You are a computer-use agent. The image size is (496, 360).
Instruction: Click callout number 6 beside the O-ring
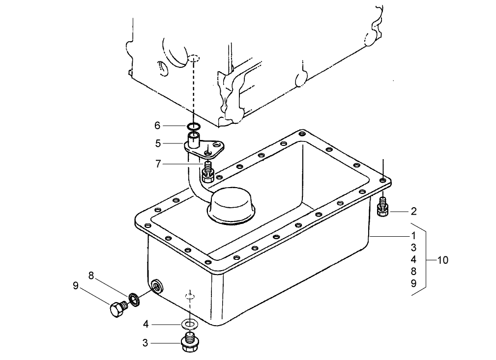point(157,126)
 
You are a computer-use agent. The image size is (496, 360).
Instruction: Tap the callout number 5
point(158,144)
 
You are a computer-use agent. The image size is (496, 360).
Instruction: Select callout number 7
point(158,164)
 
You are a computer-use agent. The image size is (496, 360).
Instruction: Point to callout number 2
point(413,212)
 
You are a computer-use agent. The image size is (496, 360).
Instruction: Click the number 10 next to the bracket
point(442,260)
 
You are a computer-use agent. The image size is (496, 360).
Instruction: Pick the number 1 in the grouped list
point(413,235)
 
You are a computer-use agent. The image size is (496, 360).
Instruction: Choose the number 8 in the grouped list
point(413,271)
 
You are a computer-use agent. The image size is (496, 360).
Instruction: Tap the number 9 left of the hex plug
point(76,285)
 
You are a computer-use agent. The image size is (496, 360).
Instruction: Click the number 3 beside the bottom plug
point(145,343)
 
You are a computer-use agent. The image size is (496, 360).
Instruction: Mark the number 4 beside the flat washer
point(146,324)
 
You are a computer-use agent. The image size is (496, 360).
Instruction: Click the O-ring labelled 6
point(194,126)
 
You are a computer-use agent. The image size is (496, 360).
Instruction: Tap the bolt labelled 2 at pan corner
point(383,208)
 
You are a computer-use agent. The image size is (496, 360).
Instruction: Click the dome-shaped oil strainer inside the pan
point(231,204)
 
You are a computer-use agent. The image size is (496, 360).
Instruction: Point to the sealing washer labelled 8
point(133,298)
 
